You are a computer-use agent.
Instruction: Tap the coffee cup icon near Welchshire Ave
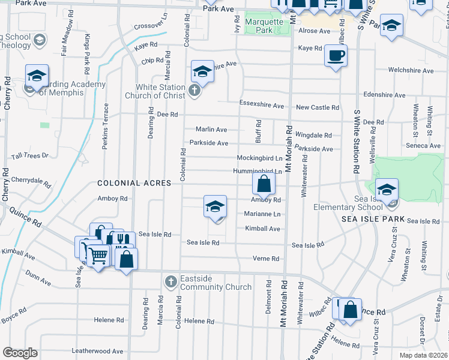click(336, 56)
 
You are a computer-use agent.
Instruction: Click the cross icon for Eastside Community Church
click(170, 281)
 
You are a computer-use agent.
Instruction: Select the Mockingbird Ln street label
click(259, 158)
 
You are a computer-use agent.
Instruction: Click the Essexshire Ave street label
click(261, 106)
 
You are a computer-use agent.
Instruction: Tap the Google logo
click(20, 353)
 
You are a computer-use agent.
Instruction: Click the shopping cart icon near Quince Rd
click(98, 256)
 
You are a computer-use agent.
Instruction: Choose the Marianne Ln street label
click(262, 214)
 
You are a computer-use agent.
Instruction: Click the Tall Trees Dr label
click(29, 155)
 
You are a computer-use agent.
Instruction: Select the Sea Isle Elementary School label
click(348, 203)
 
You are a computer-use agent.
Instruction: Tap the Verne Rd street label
click(267, 259)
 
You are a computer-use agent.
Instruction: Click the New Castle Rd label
click(318, 107)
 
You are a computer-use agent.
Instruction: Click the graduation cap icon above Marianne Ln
click(215, 207)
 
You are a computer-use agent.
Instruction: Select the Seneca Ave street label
click(423, 146)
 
